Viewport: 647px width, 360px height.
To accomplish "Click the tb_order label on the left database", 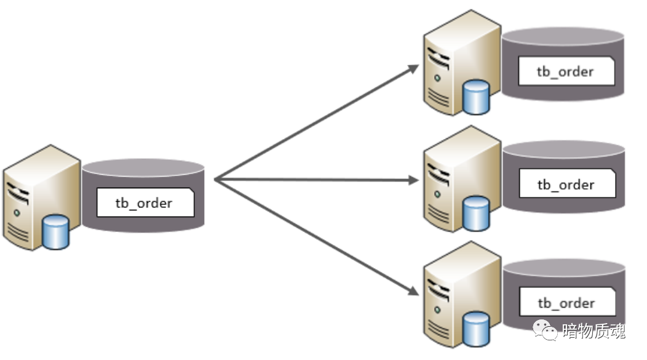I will click(x=145, y=203).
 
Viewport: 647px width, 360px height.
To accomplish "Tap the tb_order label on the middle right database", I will click(x=566, y=185).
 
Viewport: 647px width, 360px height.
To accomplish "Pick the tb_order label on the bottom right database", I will click(x=566, y=303).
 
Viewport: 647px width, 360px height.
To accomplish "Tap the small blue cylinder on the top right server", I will click(x=476, y=97).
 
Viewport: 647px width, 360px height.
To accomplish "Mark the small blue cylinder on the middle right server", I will click(x=476, y=212).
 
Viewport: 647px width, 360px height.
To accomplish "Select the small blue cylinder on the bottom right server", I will click(x=476, y=329).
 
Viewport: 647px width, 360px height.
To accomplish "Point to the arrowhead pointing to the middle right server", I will click(x=413, y=180).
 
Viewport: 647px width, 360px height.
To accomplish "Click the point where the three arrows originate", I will click(x=216, y=180).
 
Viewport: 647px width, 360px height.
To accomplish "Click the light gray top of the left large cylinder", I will click(x=143, y=167).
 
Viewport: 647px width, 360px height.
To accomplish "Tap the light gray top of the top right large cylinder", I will click(x=563, y=36).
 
